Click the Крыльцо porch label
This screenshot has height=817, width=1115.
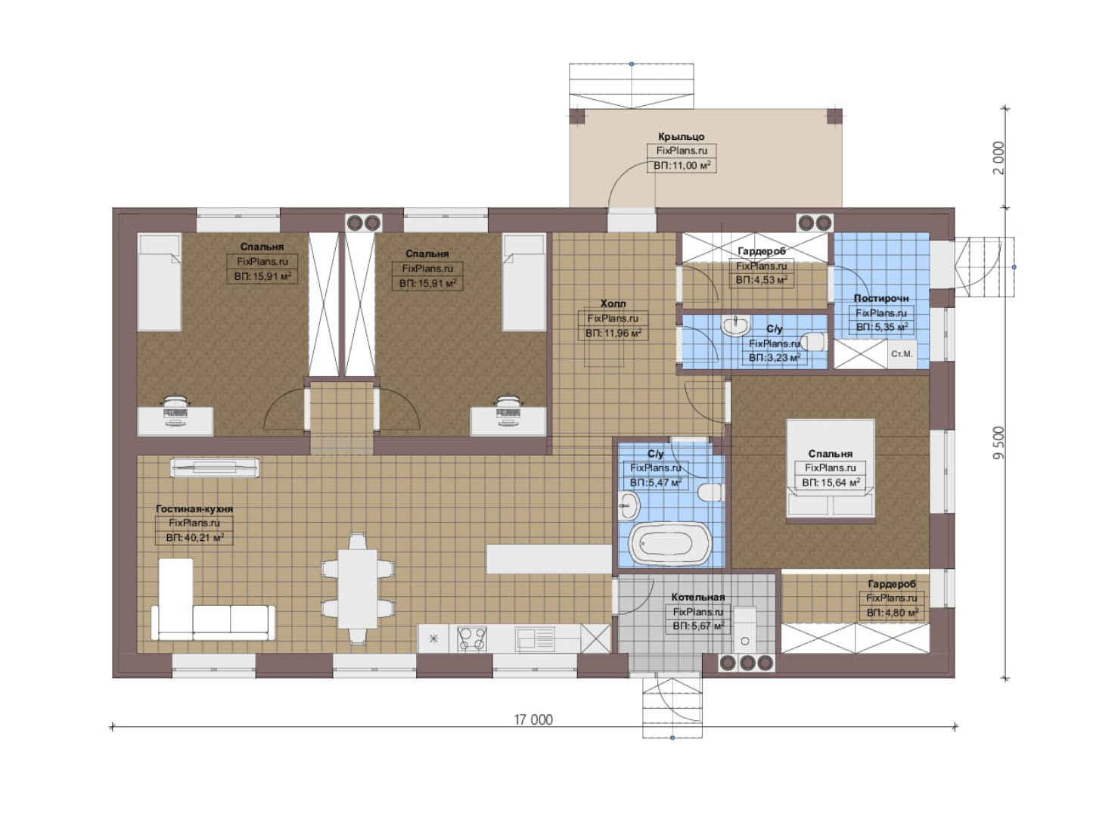[681, 136]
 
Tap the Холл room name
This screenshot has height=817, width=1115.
[613, 303]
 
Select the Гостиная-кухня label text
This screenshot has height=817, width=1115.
[194, 509]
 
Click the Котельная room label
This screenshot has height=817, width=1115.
[698, 597]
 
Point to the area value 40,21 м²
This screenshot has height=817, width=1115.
[194, 538]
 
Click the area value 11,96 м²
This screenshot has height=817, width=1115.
[613, 333]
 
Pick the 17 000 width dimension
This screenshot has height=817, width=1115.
[533, 720]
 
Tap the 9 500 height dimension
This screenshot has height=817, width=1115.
[999, 443]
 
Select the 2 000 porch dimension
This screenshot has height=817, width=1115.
[999, 158]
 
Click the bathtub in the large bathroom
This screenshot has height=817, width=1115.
[668, 544]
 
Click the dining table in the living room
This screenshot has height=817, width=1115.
[357, 589]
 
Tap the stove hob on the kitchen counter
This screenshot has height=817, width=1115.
[471, 638]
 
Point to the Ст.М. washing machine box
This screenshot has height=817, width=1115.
[902, 354]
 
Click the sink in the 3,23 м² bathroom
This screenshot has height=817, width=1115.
[736, 325]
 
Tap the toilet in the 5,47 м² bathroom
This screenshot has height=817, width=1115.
[710, 493]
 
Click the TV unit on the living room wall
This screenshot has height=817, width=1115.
[215, 468]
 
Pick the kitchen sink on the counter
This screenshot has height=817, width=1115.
[535, 638]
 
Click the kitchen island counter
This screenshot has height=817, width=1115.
[548, 558]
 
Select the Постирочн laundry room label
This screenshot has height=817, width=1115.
[881, 298]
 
